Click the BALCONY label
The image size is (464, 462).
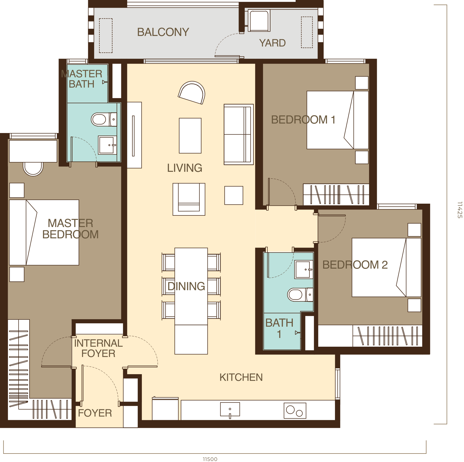point(163,32)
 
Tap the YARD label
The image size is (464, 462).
point(272,43)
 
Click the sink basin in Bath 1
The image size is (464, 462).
point(303,269)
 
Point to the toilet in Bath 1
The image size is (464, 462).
point(298,295)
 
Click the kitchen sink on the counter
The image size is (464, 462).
point(230,409)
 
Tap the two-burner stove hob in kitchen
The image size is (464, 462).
point(295,411)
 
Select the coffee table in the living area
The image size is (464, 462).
point(190,136)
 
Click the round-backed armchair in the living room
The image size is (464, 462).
point(192,93)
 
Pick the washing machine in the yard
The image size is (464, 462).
point(259,21)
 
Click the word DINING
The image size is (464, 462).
point(186,286)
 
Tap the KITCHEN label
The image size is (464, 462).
point(241,378)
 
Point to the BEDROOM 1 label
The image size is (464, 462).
point(303,120)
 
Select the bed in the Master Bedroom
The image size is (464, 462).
point(44,232)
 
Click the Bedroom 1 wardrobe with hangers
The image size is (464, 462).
point(336,194)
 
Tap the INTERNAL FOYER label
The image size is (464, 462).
point(98,348)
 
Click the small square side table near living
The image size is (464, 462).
point(233,195)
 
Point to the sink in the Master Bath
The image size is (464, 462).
point(107,145)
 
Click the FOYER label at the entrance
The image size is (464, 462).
point(95,413)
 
